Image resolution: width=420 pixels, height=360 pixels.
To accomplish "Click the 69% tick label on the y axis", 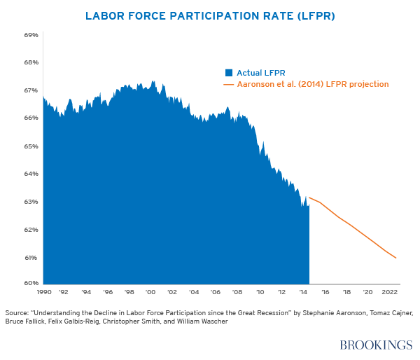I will coord(31,34).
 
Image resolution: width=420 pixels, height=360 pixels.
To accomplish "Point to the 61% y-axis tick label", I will coord(31,258).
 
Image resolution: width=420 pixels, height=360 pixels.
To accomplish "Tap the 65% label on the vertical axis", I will coord(31,146).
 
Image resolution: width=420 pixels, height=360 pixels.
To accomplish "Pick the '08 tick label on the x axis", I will coord(238,291).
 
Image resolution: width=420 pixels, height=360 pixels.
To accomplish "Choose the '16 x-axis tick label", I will coord(325,291).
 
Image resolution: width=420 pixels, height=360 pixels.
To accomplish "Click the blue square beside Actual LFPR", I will coord(228,72).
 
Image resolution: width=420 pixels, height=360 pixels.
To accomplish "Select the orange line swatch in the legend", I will coord(228,84).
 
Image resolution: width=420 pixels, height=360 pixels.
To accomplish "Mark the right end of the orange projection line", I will coord(396,258).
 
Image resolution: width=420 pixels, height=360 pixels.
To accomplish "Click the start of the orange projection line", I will coord(309,198).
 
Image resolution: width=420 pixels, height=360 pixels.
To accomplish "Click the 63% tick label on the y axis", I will coord(31,202).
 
